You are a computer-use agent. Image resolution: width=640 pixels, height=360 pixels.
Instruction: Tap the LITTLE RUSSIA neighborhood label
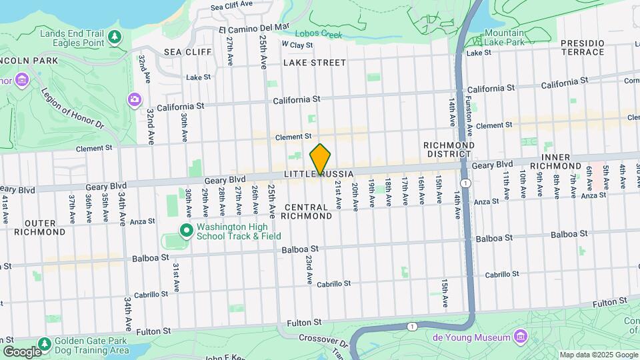coord(317,174)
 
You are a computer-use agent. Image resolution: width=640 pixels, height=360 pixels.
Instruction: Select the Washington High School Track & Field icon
coord(187,231)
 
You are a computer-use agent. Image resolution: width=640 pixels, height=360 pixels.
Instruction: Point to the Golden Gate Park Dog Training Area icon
coord(44,344)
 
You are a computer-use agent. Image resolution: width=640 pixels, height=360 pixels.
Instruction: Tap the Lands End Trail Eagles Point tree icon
coord(116,35)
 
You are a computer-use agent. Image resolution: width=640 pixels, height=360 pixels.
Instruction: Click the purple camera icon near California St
coord(134,99)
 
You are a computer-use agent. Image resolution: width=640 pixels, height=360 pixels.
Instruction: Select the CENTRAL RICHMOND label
coord(306,211)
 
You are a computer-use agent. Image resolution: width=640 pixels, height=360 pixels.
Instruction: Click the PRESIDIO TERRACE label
coord(582,47)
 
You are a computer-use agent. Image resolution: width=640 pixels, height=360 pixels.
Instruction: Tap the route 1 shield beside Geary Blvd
coord(465,182)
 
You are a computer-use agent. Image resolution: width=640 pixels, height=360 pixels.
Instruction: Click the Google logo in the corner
coord(21,351)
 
